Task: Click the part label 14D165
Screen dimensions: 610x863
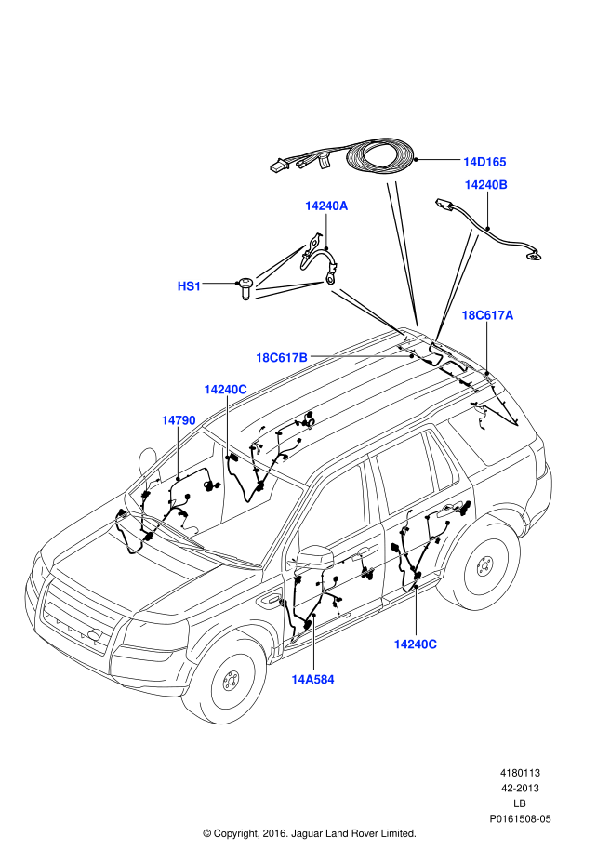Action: pyautogui.click(x=484, y=162)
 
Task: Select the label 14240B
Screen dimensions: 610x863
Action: pyautogui.click(x=486, y=185)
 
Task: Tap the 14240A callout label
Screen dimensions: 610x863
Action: pyautogui.click(x=326, y=206)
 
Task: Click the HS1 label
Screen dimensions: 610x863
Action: pyautogui.click(x=189, y=286)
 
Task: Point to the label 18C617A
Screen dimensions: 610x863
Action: pyautogui.click(x=487, y=315)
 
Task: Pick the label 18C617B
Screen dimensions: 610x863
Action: pyautogui.click(x=282, y=358)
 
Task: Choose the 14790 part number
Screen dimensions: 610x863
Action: pyautogui.click(x=179, y=420)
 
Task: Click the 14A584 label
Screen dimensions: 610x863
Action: pyautogui.click(x=312, y=679)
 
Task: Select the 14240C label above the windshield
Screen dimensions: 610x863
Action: pyautogui.click(x=225, y=389)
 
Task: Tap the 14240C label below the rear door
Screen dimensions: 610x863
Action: pyautogui.click(x=415, y=644)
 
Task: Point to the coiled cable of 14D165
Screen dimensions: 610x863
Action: pyautogui.click(x=380, y=158)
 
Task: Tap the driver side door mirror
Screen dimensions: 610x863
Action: pyautogui.click(x=315, y=556)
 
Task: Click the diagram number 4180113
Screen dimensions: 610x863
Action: pyautogui.click(x=520, y=773)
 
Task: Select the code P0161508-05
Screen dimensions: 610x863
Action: pyautogui.click(x=520, y=819)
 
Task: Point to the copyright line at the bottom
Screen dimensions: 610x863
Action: pyautogui.click(x=310, y=833)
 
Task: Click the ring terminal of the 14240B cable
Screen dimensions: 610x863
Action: pyautogui.click(x=534, y=256)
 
